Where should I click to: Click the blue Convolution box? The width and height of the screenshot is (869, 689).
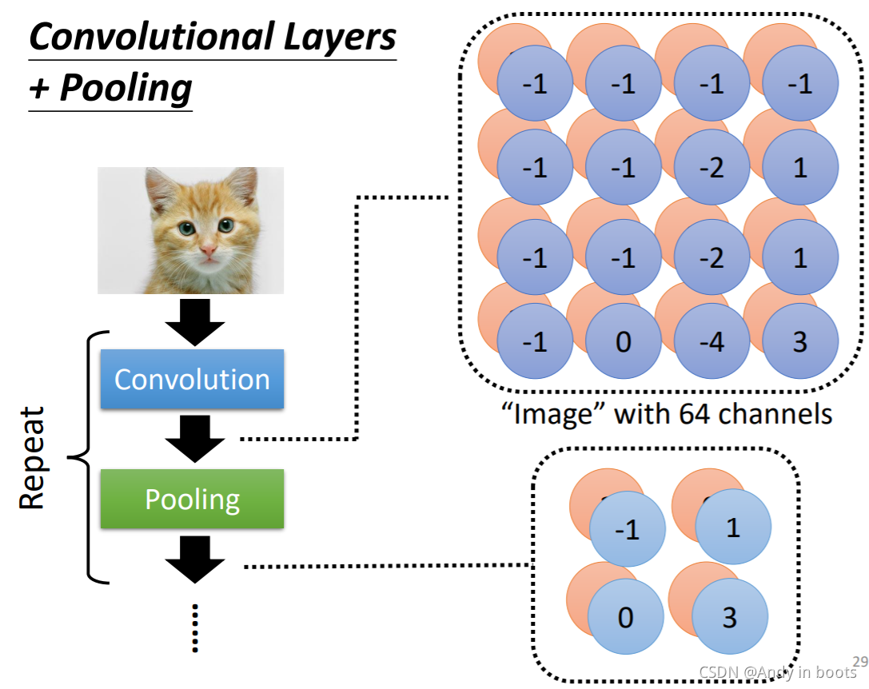pyautogui.click(x=192, y=379)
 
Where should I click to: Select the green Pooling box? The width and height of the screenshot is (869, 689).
pyautogui.click(x=192, y=500)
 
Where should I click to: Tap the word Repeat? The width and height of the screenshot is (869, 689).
pyautogui.click(x=31, y=458)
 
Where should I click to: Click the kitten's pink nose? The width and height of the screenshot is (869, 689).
pyautogui.click(x=208, y=251)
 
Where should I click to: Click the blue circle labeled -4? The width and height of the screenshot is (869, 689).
pyautogui.click(x=712, y=341)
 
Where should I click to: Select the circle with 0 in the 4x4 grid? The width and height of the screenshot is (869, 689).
pyautogui.click(x=624, y=341)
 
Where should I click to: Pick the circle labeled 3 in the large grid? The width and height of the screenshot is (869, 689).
pyautogui.click(x=800, y=341)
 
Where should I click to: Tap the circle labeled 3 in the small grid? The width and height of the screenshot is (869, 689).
pyautogui.click(x=729, y=617)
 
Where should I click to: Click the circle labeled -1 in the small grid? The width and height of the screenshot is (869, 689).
pyautogui.click(x=628, y=530)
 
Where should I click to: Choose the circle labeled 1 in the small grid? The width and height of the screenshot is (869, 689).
pyautogui.click(x=732, y=528)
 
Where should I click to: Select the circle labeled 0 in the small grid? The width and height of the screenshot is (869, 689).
pyautogui.click(x=626, y=617)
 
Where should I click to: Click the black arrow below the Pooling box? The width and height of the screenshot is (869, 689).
pyautogui.click(x=192, y=559)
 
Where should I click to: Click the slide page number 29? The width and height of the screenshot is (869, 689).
pyautogui.click(x=860, y=661)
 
